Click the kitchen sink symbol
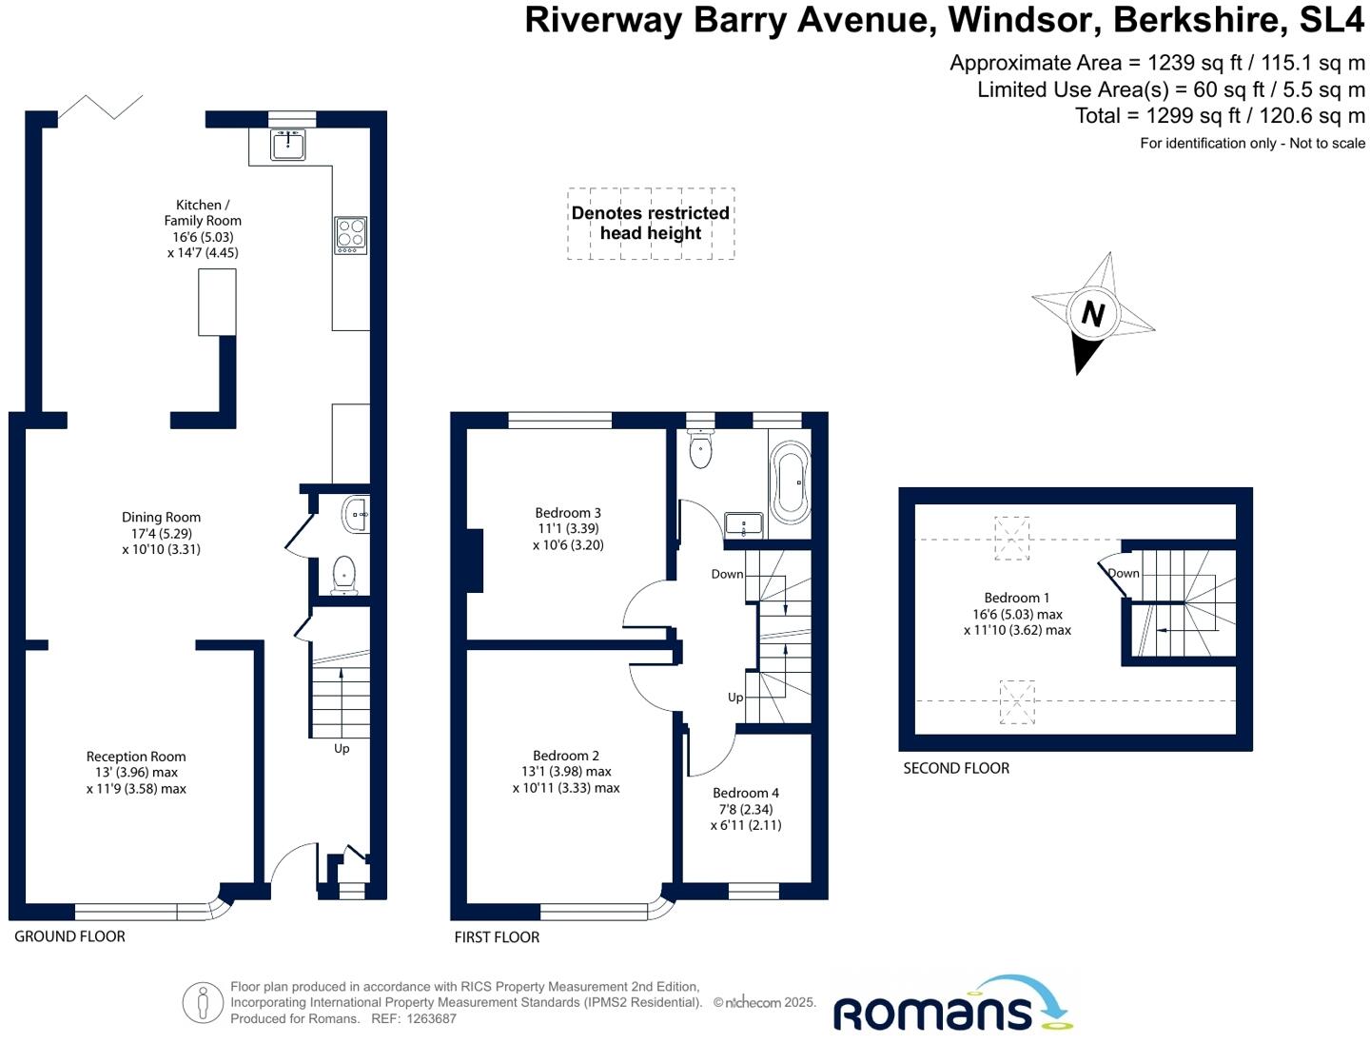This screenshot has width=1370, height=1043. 288,146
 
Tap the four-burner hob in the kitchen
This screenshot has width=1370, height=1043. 350,234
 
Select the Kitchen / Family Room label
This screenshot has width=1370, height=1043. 202,228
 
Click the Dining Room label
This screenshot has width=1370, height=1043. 161,533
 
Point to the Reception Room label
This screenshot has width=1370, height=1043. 136,773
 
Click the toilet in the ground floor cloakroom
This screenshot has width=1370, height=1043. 343,574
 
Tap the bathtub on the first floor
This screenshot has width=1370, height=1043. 790,482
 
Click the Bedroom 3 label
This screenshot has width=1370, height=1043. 568,529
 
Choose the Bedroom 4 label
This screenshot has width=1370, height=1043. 746,809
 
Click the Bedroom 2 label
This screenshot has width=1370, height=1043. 566,772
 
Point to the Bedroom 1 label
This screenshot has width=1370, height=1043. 1017,614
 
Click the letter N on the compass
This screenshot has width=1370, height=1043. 1093,313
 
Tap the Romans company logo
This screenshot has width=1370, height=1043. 951,1008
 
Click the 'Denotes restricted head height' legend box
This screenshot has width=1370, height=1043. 651,224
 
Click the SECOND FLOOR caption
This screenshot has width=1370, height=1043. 956,768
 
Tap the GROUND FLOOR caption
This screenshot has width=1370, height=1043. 69,936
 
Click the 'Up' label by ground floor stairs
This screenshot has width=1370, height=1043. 342,748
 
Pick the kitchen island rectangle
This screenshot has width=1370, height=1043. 217,302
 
